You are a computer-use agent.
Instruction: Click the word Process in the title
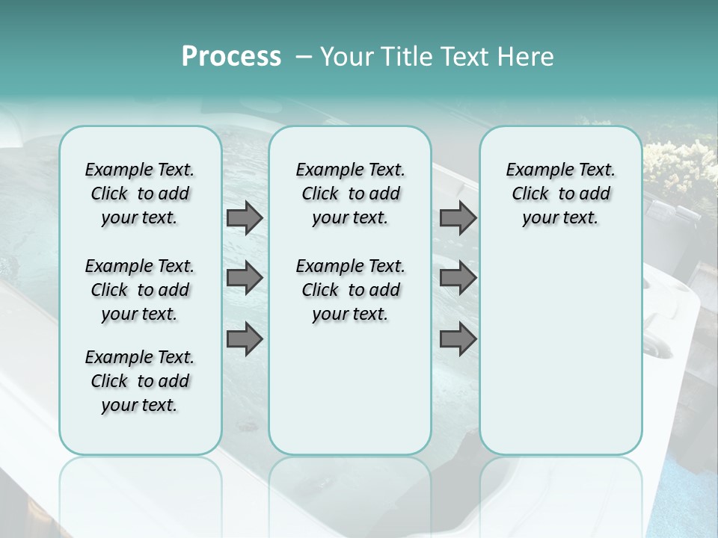click(x=231, y=57)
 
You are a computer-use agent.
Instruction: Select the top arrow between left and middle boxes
click(x=245, y=218)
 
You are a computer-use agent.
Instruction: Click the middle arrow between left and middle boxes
click(x=245, y=279)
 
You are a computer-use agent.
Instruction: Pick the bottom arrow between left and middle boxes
click(x=245, y=339)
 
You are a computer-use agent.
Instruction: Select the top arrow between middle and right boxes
click(x=458, y=218)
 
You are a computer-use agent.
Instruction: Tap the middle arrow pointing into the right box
click(x=458, y=279)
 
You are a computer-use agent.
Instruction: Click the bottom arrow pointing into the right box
click(x=458, y=339)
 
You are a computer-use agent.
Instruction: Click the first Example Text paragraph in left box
click(x=140, y=194)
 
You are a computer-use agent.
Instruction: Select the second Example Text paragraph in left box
click(x=140, y=290)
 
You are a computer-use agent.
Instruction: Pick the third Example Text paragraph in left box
click(x=140, y=381)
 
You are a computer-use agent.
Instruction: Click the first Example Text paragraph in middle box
click(x=351, y=194)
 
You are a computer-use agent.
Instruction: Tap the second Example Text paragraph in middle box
click(x=351, y=290)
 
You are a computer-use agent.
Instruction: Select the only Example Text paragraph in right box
click(x=561, y=194)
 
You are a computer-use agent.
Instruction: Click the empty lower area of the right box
click(x=561, y=359)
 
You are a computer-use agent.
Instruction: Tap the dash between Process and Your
click(x=303, y=57)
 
